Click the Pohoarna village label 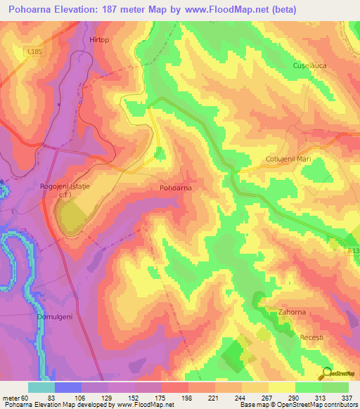pos(176,188)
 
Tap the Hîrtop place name pos(100,41)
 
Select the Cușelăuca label pos(310,65)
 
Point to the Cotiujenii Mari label pos(288,160)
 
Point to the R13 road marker pos(353,250)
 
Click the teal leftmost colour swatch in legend pos(41,387)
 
